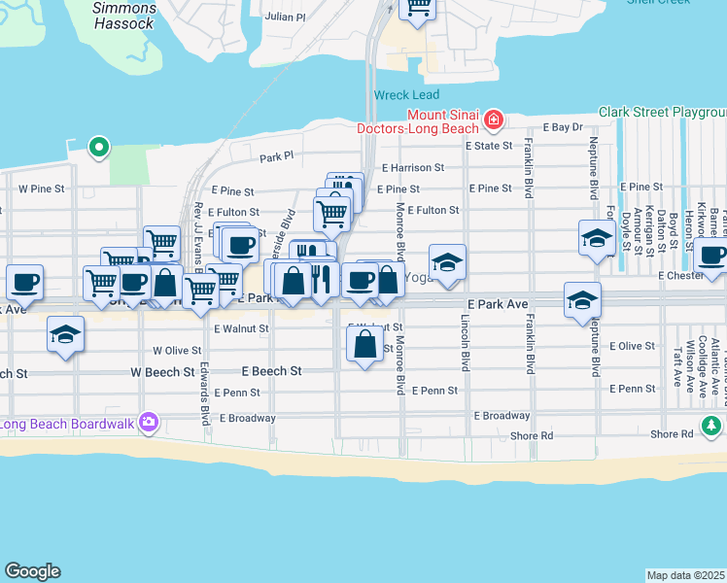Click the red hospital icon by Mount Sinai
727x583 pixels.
[x=494, y=120]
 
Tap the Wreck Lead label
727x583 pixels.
[x=405, y=95]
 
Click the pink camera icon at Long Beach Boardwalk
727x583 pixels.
[x=148, y=422]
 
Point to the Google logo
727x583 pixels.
[x=32, y=571]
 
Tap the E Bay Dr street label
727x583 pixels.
[x=563, y=127]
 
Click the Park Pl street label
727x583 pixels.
[x=276, y=156]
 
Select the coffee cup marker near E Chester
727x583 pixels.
[x=711, y=257]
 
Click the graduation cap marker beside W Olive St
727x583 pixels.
[x=66, y=335]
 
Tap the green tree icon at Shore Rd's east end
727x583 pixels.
[x=711, y=426]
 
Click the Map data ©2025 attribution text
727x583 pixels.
[x=685, y=575]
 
